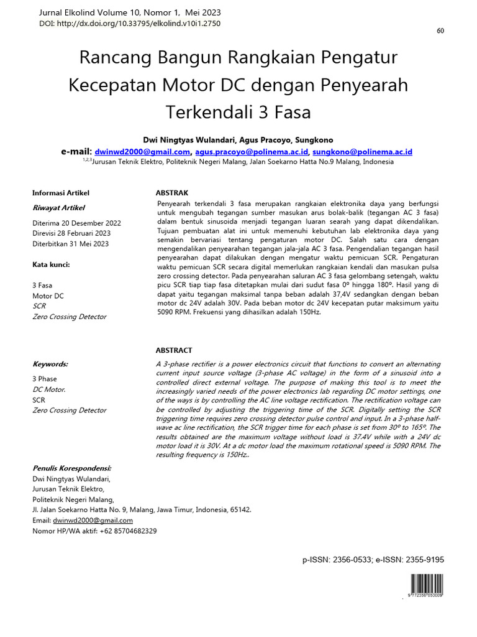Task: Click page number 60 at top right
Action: [440, 32]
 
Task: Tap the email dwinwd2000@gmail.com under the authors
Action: [142, 152]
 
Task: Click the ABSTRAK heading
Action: [171, 193]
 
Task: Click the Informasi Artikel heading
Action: [61, 193]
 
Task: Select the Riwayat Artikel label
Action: [58, 208]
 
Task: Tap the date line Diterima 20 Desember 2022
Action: [76, 223]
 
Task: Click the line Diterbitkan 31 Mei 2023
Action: [70, 244]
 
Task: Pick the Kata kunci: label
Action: [51, 264]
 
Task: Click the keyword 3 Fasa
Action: [42, 286]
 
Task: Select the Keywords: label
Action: [50, 364]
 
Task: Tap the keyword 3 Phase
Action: [44, 379]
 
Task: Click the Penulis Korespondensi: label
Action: [71, 468]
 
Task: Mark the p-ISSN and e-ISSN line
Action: [373, 560]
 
